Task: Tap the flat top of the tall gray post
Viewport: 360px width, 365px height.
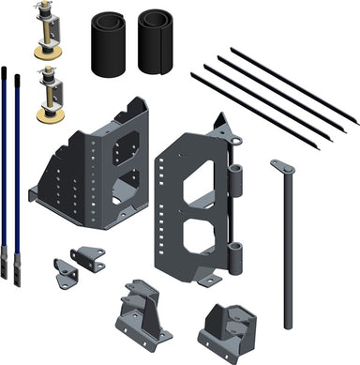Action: point(282,167)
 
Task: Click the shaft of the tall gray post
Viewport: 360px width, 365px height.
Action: point(284,253)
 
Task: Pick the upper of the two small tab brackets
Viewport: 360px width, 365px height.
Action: point(89,257)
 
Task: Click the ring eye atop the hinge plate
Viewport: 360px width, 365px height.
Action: point(238,144)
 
